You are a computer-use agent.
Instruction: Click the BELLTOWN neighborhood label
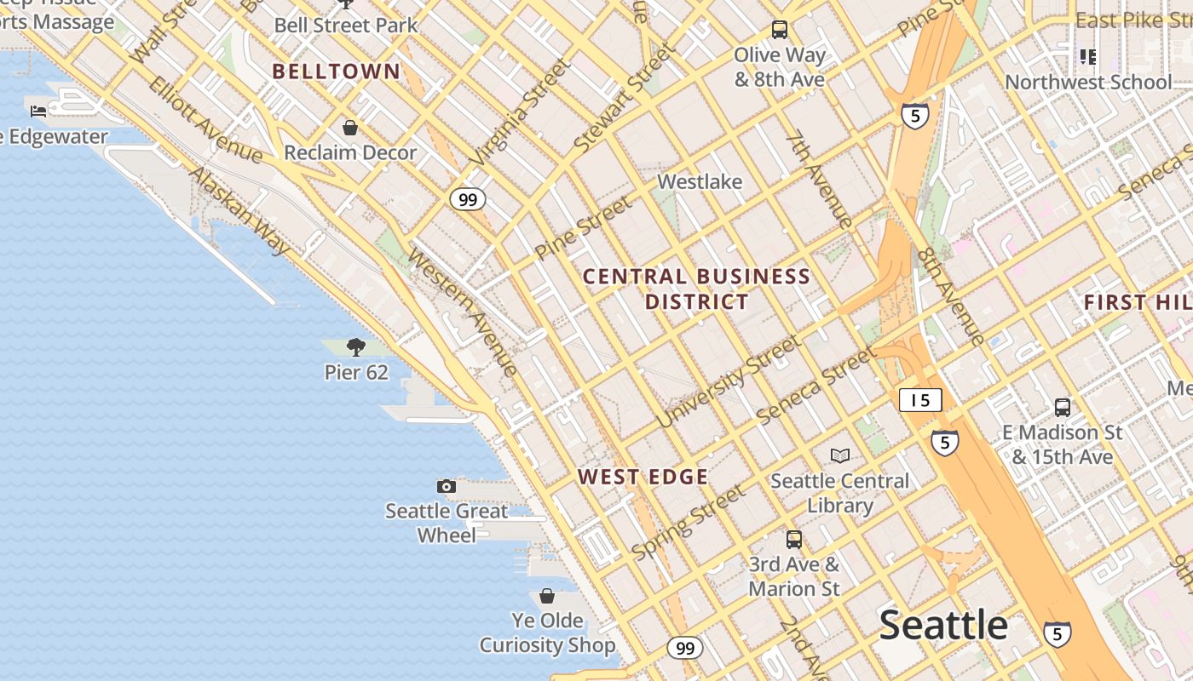click(336, 72)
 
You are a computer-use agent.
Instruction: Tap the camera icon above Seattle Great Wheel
click(446, 486)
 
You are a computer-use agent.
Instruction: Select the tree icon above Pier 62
click(356, 346)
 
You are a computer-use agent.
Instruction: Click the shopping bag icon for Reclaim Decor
click(349, 128)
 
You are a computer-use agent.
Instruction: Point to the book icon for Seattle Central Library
click(840, 455)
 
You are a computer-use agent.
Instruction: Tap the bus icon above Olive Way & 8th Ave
click(779, 30)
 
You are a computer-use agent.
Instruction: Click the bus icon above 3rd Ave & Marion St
click(793, 539)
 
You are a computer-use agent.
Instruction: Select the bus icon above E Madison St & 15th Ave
click(1062, 407)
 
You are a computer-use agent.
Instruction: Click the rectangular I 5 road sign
click(919, 400)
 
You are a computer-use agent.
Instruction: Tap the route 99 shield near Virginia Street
click(467, 200)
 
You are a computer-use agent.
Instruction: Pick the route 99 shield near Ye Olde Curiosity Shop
click(684, 649)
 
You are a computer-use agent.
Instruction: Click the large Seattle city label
click(942, 626)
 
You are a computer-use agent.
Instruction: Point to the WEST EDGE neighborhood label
click(643, 477)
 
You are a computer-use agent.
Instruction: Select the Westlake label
click(700, 181)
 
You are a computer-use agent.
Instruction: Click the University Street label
click(729, 381)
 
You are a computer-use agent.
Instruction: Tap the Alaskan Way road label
click(239, 210)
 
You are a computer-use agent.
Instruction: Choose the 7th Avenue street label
click(819, 179)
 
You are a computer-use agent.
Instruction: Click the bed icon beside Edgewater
click(38, 111)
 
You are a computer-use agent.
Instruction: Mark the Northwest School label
click(1088, 83)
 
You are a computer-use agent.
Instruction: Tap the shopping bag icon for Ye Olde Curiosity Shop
click(547, 596)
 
